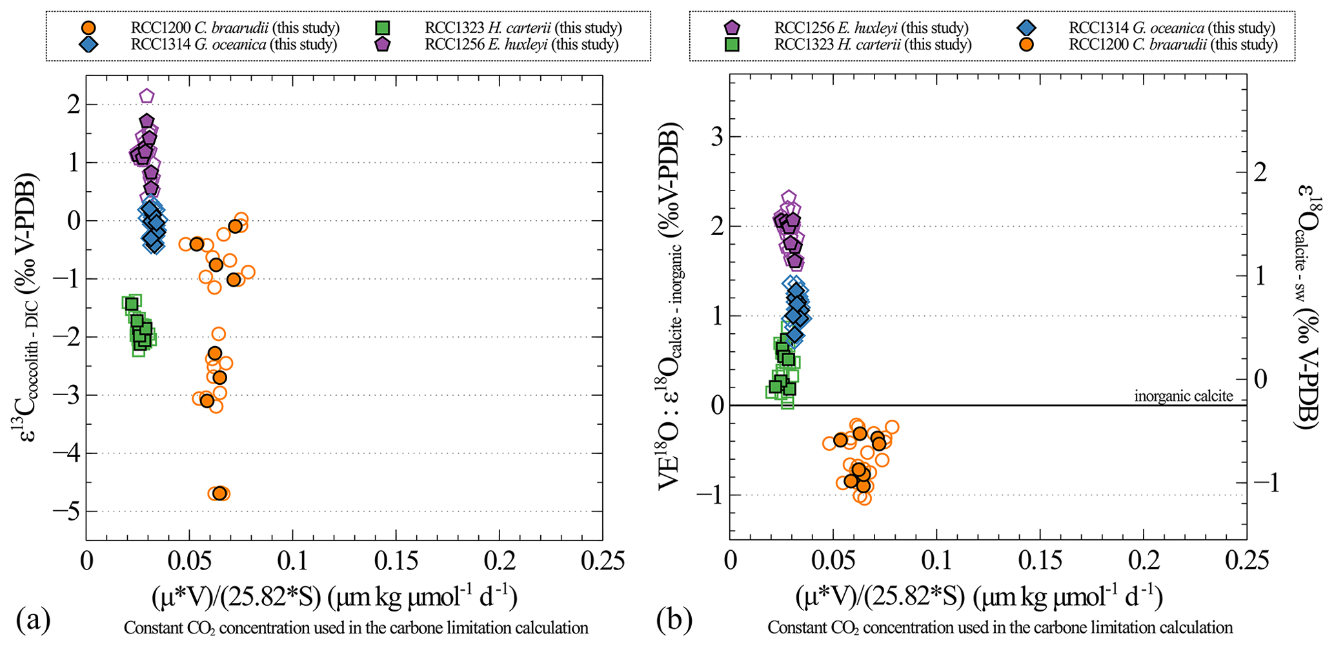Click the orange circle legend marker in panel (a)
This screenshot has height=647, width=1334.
(90, 28)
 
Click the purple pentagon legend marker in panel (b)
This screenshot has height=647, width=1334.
(733, 28)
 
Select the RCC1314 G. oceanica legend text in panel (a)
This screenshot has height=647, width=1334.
(234, 45)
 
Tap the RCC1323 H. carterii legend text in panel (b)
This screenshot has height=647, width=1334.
(873, 45)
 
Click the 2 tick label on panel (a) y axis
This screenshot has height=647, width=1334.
(74, 105)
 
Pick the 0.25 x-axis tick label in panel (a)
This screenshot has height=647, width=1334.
(602, 560)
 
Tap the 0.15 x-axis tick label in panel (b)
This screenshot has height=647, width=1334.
(1040, 560)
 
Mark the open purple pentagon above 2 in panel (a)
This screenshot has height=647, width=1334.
(147, 96)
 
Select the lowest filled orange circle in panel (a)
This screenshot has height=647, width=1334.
(219, 493)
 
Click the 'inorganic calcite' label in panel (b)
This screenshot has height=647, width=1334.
(1184, 396)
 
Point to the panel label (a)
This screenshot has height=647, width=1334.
(33, 621)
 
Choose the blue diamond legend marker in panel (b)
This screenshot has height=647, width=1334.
(1027, 28)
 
